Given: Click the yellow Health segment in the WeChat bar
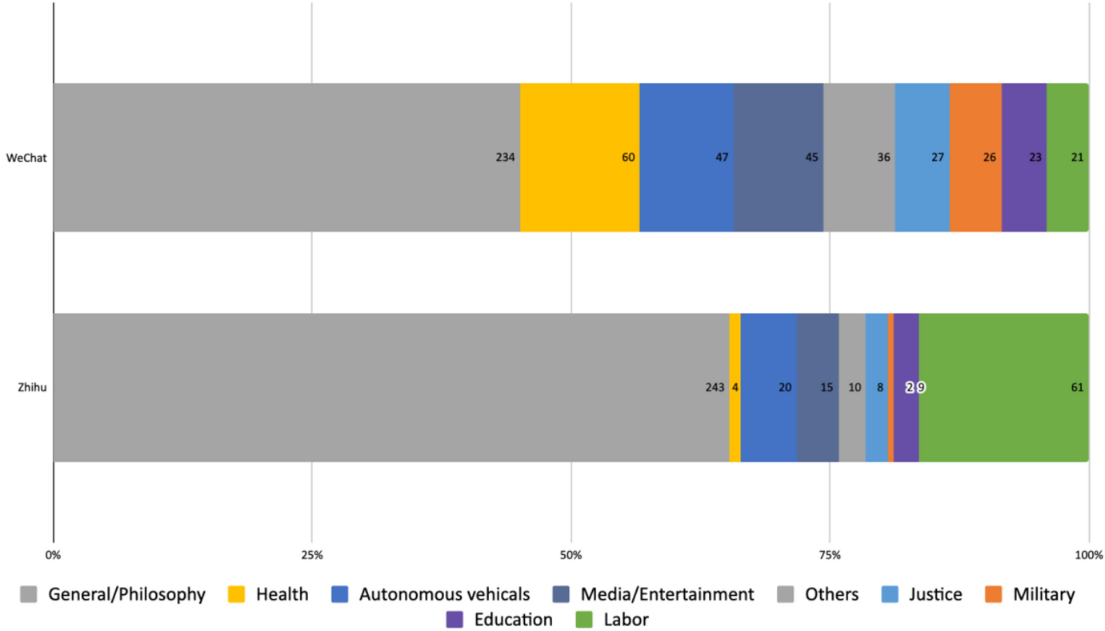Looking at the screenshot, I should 579,157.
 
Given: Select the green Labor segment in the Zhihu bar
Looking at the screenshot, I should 1003,387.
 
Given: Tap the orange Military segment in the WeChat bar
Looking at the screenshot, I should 975,157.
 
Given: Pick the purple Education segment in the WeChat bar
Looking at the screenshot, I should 1023,157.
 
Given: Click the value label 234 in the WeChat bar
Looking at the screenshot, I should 505,158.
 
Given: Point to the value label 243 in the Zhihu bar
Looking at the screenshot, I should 715,388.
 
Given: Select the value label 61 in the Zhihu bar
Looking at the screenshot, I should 1077,388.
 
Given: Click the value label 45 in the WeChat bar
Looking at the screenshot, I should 811,158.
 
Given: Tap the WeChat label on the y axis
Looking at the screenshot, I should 26,158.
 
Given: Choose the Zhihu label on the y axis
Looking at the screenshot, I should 32,388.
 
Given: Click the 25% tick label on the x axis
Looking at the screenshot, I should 311,554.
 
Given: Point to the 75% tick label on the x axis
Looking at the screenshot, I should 830,554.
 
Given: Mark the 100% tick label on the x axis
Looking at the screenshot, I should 1088,554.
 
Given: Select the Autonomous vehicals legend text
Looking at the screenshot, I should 444,594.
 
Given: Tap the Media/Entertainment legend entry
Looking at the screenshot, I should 667,594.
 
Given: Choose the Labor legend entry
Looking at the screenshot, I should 626,620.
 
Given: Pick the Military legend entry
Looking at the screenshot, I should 1043,594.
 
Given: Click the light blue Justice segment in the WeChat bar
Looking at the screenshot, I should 922,157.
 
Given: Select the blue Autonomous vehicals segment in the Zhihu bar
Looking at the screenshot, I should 768,387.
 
